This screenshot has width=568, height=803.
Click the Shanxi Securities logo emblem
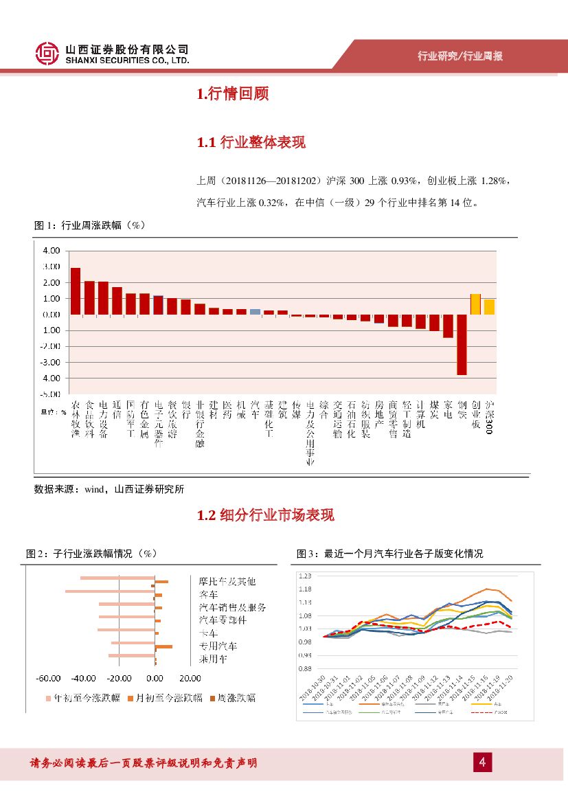coord(47,54)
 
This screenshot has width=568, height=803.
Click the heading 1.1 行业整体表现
coord(251,142)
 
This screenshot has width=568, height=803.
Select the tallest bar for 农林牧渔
coord(76,291)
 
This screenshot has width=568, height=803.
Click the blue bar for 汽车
coord(255,311)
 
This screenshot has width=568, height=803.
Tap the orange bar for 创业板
coord(475,304)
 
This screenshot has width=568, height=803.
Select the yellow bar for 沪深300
coord(489,306)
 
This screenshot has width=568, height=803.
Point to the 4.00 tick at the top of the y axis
coord(51,250)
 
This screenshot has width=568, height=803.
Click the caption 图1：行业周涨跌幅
coord(90,225)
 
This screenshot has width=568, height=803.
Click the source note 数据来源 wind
coord(109,489)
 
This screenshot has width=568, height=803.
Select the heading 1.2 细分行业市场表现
coord(265,514)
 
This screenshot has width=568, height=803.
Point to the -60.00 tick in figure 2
coord(49,678)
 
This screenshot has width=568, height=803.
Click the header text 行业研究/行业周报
coord(460,56)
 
